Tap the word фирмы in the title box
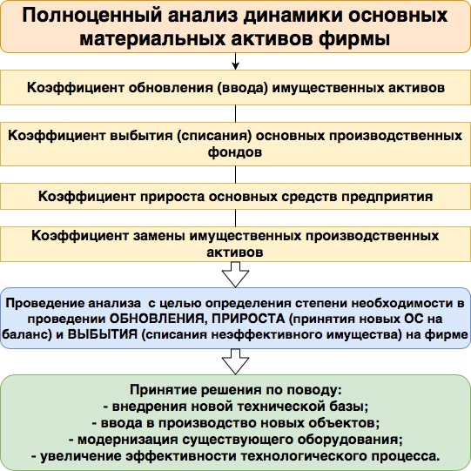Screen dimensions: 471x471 (x=354, y=39)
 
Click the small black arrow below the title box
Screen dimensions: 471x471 (x=235, y=61)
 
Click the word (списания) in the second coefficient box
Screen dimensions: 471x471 (x=214, y=136)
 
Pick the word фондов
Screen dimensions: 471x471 (x=235, y=152)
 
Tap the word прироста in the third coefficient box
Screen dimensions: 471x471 (x=172, y=197)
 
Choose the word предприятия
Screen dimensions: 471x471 (x=387, y=197)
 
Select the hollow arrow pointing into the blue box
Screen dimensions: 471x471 (x=235, y=274)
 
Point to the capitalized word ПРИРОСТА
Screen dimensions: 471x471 (x=248, y=319)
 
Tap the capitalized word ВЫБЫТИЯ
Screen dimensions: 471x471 (x=103, y=334)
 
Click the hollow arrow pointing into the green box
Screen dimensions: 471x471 (x=235, y=361)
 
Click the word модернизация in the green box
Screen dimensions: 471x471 (x=128, y=440)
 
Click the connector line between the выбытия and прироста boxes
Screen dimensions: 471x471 (x=235, y=174)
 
